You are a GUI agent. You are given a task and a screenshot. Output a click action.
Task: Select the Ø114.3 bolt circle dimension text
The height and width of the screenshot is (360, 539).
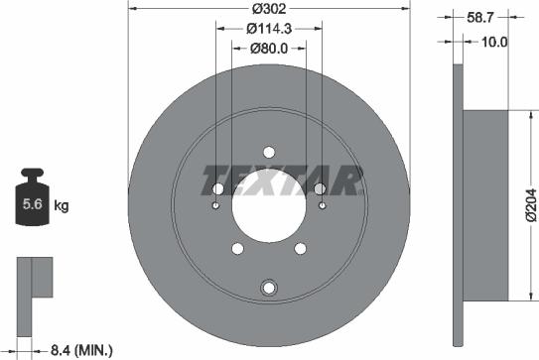click(269, 29)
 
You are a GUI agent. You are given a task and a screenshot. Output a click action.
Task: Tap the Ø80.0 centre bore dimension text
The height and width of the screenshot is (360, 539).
click(269, 47)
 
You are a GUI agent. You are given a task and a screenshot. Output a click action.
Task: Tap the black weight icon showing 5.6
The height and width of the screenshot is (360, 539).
click(32, 204)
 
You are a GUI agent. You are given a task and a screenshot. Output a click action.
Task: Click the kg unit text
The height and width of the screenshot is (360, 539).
click(62, 206)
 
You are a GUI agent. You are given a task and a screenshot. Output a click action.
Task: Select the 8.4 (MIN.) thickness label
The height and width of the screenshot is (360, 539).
click(81, 349)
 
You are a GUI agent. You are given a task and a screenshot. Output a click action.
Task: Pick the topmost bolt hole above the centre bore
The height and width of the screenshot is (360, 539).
click(268, 152)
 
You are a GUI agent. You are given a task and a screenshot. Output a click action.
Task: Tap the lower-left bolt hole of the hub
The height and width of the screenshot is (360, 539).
click(236, 250)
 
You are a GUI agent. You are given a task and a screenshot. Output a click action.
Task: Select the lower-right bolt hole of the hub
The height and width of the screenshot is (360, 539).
click(300, 250)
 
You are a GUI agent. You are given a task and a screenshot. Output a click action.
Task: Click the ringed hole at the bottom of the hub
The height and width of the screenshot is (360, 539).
click(268, 288)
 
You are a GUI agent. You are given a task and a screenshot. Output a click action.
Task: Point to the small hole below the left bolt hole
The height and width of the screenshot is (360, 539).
click(215, 206)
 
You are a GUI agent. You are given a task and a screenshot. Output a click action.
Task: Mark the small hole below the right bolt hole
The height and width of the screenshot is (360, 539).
click(324, 206)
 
